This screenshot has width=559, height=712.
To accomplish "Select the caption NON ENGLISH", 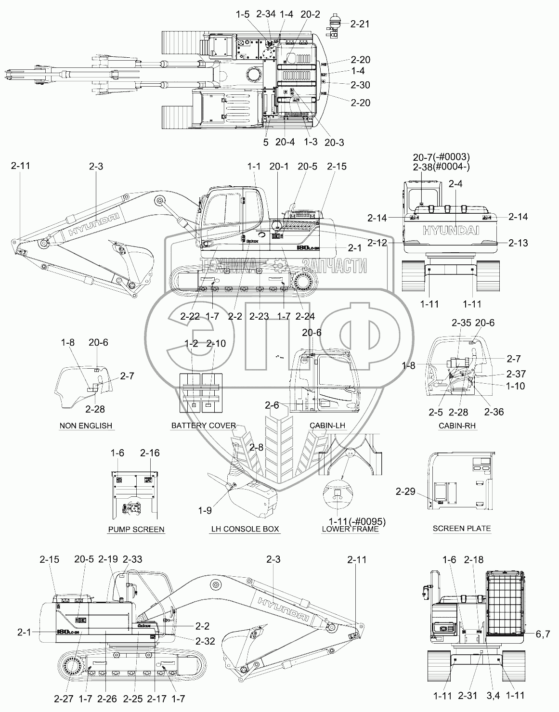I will click(x=86, y=426).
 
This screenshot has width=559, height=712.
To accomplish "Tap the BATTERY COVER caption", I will click(x=204, y=426).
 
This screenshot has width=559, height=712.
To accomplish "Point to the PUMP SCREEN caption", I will click(x=136, y=530).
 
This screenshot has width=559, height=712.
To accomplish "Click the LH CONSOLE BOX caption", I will click(x=245, y=529).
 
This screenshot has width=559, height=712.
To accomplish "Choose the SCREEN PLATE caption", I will click(x=461, y=528).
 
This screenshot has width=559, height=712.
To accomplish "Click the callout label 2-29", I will click(x=405, y=492).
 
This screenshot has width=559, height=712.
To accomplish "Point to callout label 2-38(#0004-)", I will click(x=441, y=167).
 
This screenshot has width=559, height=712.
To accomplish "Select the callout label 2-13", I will click(x=518, y=243).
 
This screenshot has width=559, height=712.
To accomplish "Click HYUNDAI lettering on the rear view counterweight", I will click(x=451, y=231).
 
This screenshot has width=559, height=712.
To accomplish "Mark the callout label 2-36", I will click(x=494, y=412).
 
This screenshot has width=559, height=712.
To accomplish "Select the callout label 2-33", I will click(x=132, y=559).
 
